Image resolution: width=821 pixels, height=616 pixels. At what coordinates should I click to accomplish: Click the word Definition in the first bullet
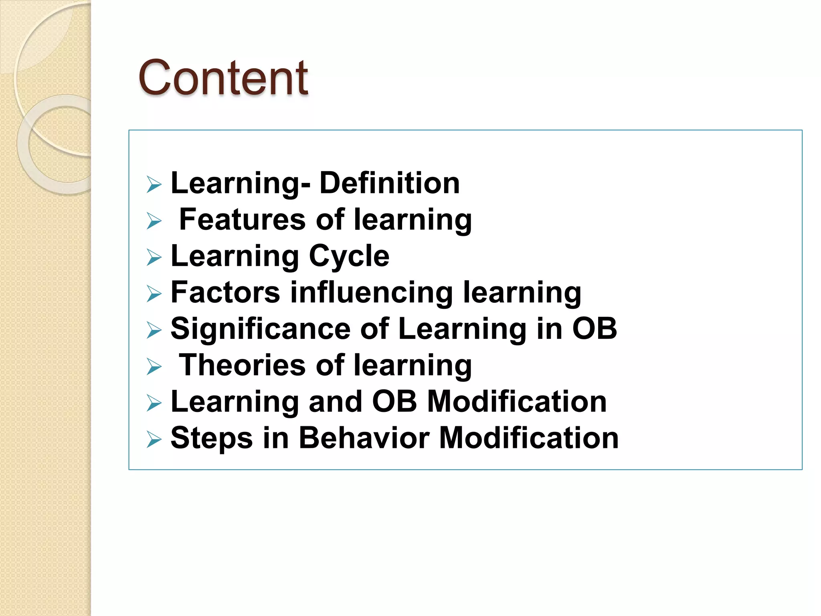pos(389,183)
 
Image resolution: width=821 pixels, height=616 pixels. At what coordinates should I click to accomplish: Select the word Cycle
pos(349,256)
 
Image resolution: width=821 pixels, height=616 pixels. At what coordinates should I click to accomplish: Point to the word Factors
pos(225,292)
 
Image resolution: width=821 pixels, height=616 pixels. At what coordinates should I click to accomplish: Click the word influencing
pos(372,292)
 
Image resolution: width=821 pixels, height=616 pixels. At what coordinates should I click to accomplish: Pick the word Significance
pos(260,328)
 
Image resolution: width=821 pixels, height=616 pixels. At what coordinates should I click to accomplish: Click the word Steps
pos(212,438)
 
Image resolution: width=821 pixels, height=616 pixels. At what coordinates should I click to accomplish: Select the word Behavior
pos(364,438)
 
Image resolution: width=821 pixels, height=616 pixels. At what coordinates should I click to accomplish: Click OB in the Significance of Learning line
pos(595,328)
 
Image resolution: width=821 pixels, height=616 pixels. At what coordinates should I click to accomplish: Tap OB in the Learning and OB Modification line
pos(394,401)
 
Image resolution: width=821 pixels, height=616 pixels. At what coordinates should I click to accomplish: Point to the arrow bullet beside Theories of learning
pos(154,367)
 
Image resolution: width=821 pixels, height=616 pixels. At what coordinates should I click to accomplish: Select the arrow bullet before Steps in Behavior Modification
pos(154,439)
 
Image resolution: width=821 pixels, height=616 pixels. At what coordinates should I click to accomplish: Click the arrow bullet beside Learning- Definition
pos(154,185)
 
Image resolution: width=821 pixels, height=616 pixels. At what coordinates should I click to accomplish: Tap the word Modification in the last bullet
pos(529,438)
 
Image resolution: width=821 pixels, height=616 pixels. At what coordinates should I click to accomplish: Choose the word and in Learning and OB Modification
pos(335,401)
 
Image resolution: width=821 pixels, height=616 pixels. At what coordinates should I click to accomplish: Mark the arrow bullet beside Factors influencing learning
pos(154,294)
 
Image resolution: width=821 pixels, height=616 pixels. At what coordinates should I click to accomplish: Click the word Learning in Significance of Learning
pos(462,328)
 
